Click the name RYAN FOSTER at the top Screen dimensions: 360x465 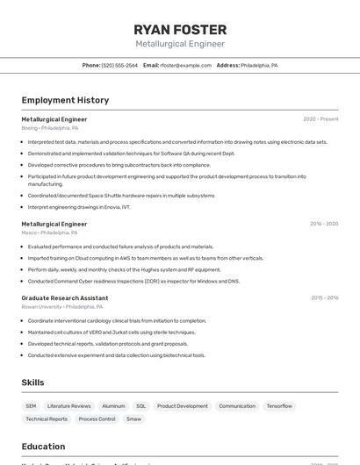[x=180, y=29]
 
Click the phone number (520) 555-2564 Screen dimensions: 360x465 [x=119, y=65]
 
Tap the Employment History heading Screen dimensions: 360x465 [x=65, y=100]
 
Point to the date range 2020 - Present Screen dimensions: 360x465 [x=320, y=118]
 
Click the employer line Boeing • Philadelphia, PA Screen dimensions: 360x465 [x=50, y=128]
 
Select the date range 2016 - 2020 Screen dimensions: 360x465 [x=324, y=224]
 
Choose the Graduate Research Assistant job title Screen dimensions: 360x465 [x=65, y=298]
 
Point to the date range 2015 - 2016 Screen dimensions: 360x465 [x=325, y=298]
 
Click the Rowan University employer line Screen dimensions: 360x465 [x=62, y=307]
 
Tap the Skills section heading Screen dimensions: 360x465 [x=33, y=383]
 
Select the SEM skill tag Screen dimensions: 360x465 [x=31, y=406]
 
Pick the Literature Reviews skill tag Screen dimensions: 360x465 [x=69, y=406]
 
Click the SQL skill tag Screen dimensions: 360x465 [x=140, y=406]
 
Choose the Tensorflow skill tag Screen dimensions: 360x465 [x=279, y=406]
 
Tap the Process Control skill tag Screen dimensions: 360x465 [x=97, y=419]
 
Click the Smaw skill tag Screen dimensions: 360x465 [x=133, y=419]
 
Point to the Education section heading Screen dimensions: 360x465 [x=43, y=446]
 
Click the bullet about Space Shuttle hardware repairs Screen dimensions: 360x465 [x=121, y=196]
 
